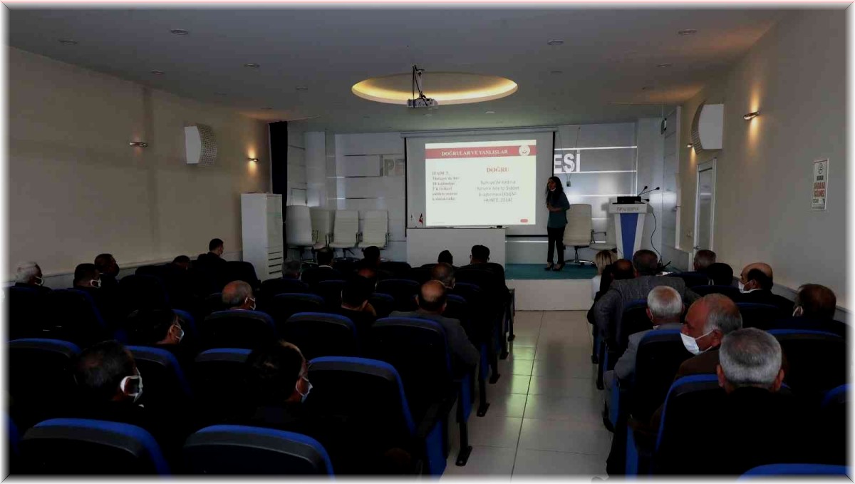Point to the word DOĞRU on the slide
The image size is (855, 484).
[496, 170]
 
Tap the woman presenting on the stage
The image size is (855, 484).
[556, 222]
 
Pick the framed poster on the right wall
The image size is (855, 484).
[819, 184]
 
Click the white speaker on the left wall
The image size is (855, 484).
[200, 145]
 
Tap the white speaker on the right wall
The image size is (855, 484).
[710, 126]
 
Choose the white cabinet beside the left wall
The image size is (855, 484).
[261, 235]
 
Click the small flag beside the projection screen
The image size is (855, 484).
[420, 218]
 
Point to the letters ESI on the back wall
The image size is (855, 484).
[567, 162]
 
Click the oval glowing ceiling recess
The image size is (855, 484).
[435, 88]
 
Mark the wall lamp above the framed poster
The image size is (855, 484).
[750, 115]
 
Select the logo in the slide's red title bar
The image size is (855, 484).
[525, 150]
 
